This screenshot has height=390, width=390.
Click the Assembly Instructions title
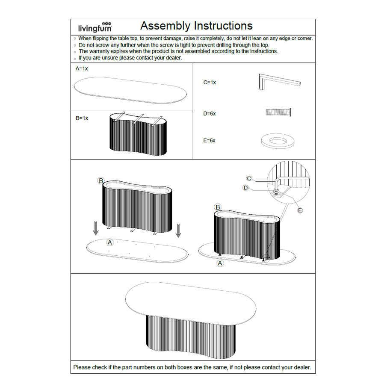(196, 26)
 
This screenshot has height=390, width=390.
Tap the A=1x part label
(82, 68)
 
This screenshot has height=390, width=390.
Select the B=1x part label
(82, 118)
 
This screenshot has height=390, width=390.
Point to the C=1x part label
(210, 82)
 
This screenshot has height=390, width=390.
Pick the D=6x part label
(210, 114)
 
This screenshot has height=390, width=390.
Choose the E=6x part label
(210, 140)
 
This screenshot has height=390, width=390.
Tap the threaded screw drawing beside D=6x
(279, 112)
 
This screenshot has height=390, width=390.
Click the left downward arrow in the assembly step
(96, 227)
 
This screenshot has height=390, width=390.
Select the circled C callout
(249, 178)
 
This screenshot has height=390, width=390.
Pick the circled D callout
(245, 188)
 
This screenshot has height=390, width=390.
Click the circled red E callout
(300, 210)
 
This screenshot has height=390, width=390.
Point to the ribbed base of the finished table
(190, 338)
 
